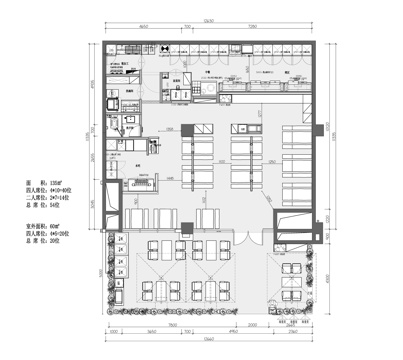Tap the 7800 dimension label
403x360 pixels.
pos(172,325)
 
